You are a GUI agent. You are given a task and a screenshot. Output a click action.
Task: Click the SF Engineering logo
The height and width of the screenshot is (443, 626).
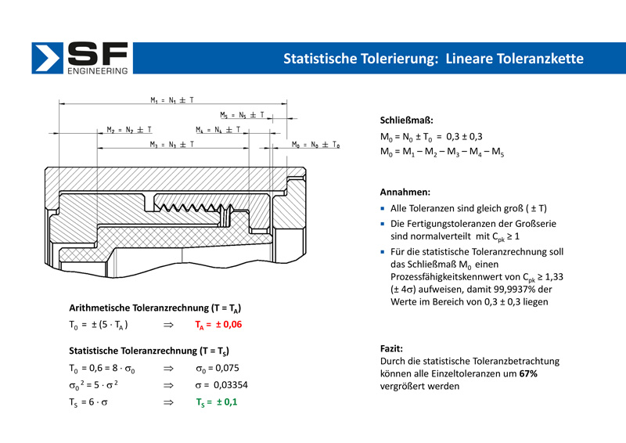pos(81,59)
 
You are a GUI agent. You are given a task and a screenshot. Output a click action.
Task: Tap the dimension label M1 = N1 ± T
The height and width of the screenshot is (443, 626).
pos(172,100)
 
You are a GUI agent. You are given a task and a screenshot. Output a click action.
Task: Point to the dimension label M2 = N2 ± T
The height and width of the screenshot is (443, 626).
pos(129,129)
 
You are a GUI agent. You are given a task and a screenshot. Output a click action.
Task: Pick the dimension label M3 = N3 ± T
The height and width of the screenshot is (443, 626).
pos(172,145)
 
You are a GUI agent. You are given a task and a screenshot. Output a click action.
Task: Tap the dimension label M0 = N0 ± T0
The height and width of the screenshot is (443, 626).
pos(315,145)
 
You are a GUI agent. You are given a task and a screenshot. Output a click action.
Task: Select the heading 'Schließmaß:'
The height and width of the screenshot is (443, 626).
pos(406,121)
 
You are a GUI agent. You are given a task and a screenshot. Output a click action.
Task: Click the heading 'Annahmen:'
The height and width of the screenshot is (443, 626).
pos(405,192)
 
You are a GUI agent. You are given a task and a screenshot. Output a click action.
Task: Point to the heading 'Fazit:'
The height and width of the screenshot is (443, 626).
pos(391,347)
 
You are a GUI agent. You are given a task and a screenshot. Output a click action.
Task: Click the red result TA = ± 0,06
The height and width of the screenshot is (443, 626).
pos(218,323)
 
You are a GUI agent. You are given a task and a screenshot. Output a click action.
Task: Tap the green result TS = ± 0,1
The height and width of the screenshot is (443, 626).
pos(218,402)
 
